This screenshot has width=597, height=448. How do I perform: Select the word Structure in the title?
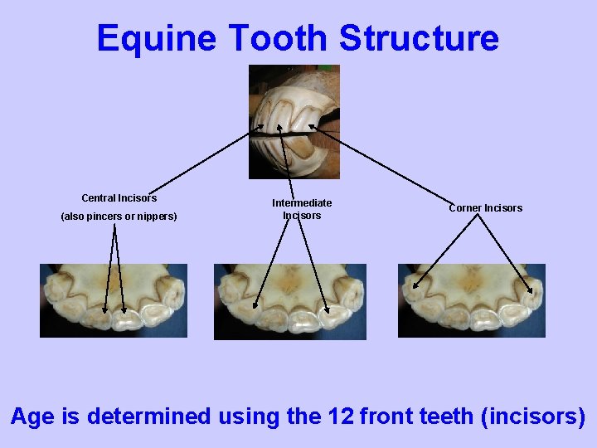tap(419, 38)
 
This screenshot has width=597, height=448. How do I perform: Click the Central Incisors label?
tap(119, 198)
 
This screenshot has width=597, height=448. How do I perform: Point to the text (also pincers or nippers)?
tap(119, 217)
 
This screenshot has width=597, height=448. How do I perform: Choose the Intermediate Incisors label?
tap(302, 209)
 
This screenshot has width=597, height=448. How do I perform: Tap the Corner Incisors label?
tap(485, 208)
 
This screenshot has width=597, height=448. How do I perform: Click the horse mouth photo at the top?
tap(294, 121)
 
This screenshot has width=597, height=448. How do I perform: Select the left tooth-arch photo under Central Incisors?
tap(114, 300)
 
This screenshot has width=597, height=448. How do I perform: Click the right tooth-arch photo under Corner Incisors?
tap(471, 300)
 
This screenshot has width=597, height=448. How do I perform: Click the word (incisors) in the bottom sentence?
tap(532, 416)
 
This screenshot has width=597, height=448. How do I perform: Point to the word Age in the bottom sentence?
tap(32, 416)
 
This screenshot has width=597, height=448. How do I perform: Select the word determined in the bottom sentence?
tap(147, 416)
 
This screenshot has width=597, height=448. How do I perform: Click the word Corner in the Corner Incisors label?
tap(464, 208)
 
